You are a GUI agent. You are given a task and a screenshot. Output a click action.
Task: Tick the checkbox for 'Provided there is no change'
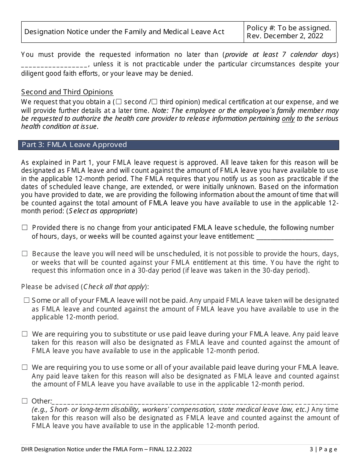25,228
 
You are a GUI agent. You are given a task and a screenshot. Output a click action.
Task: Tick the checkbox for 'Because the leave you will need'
25,254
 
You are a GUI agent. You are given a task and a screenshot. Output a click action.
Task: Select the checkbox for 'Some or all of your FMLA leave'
27,300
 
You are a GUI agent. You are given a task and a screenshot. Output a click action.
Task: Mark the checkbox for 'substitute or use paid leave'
25,334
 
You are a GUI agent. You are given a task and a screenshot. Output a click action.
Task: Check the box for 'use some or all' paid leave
25,367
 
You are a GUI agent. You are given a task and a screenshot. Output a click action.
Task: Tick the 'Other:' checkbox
25,401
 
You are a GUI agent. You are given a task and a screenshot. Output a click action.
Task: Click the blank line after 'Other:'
195,402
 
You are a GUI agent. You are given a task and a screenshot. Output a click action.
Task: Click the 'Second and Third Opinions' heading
67,92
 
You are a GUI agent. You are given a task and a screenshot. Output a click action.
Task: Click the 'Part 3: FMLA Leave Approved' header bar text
74,145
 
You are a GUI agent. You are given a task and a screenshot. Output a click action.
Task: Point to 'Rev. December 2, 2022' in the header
285,36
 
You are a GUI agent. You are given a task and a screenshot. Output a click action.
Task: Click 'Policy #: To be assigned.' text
289,28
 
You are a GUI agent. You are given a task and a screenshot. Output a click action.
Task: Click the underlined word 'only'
288,119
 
